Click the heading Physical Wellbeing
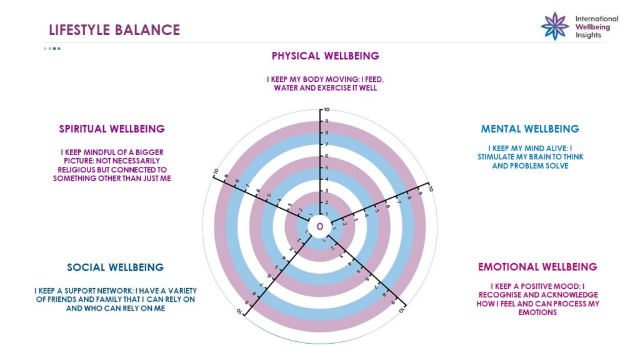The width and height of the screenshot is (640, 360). click(325, 56)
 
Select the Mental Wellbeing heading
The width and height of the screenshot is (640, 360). click(530, 129)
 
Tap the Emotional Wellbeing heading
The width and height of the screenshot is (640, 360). click(537, 267)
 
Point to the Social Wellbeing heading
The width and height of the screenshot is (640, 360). click(116, 267)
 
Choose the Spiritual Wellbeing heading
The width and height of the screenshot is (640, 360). click(112, 129)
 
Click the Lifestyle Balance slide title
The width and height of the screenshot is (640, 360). click(114, 30)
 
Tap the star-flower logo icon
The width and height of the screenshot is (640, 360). click(555, 26)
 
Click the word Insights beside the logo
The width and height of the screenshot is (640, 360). click(588, 35)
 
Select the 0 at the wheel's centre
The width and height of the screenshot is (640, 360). click(320, 226)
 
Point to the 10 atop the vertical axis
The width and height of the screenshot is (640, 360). click(327, 110)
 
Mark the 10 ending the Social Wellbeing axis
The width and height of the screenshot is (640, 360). click(240, 311)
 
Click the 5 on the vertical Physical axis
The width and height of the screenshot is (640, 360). click(326, 167)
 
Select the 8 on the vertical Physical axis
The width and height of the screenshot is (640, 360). click(326, 132)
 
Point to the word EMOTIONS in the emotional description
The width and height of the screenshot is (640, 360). click(537, 312)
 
